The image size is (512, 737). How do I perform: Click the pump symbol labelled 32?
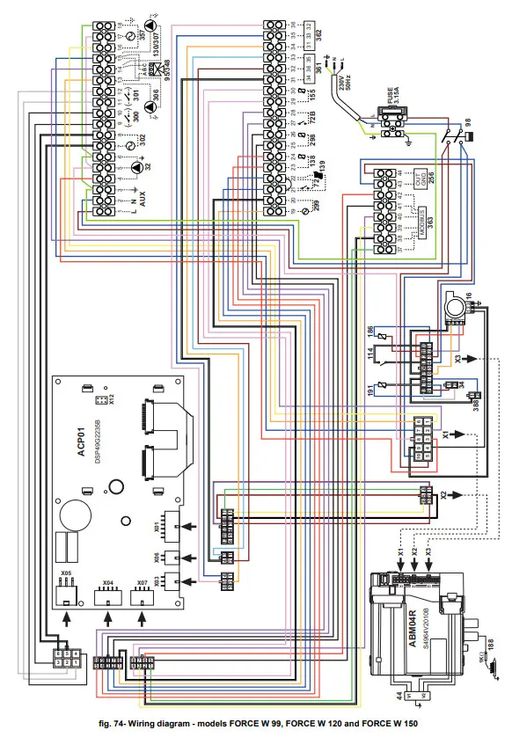point(136,167)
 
